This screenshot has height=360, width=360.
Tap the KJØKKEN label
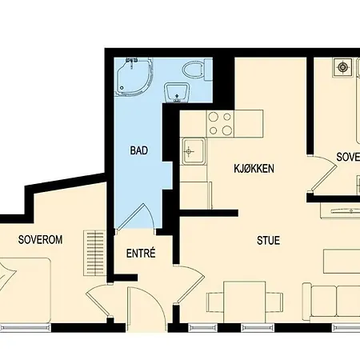[x=254, y=169]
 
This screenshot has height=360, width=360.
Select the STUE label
[x=268, y=240]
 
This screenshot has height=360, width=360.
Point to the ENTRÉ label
[x=141, y=254]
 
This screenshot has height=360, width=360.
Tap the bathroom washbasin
[x=176, y=93]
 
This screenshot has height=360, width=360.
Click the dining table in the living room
[x=245, y=301]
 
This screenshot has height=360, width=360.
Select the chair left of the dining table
[x=214, y=302]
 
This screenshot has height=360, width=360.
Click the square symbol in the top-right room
[x=345, y=68]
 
